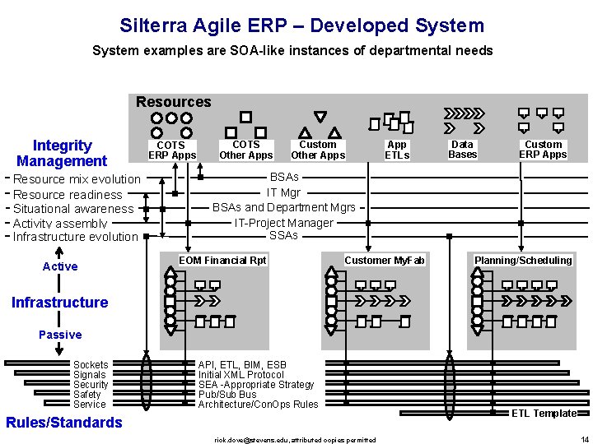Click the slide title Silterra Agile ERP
(301, 25)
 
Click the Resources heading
(173, 102)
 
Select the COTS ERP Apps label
(172, 150)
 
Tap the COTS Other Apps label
(245, 150)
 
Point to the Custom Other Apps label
(318, 150)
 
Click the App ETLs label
(397, 150)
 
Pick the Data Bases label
(462, 150)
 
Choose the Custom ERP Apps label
(543, 150)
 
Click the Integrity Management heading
(62, 154)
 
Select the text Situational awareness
(73, 209)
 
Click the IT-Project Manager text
(283, 223)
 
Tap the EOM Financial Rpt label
(222, 261)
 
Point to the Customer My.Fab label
(384, 261)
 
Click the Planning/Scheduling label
(522, 261)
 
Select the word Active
(60, 266)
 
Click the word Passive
(60, 335)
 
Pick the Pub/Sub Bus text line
(226, 395)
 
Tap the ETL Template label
(544, 414)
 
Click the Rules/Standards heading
(63, 423)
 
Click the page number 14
(584, 439)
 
